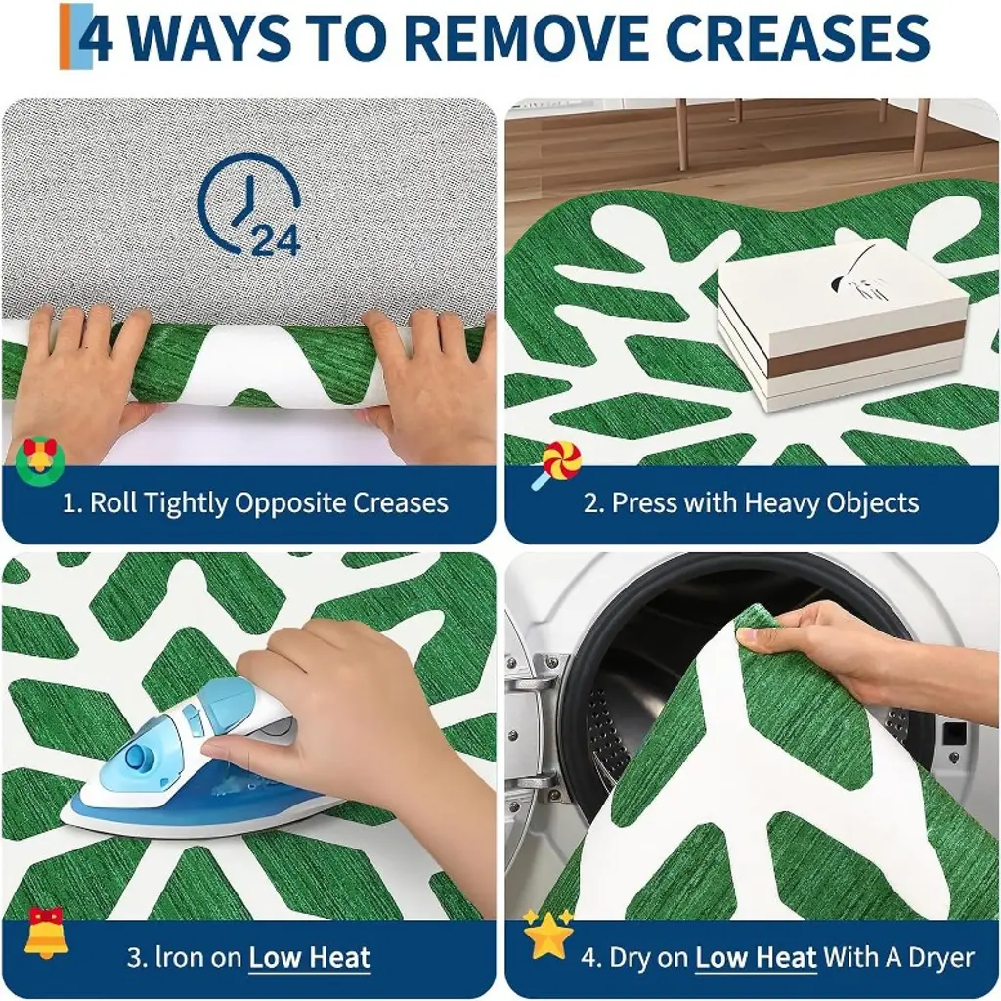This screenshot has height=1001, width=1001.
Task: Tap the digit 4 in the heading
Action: tap(96, 37)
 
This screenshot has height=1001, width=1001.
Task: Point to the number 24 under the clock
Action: tap(277, 241)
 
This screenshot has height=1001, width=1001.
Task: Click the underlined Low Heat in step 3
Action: tap(310, 958)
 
